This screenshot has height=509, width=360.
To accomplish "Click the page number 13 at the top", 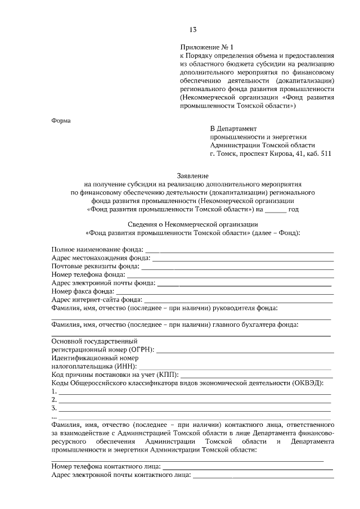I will pyautogui.click(x=193, y=29).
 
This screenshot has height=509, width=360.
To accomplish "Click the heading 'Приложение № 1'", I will pyautogui.click(x=206, y=47).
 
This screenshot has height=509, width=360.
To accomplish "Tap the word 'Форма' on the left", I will pyautogui.click(x=61, y=120).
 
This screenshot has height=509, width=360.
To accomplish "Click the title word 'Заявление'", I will pyautogui.click(x=193, y=175).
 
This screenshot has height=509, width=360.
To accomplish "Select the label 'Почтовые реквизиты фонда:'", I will pyautogui.click(x=95, y=266).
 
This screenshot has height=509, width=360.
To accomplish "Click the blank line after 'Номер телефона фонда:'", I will pyautogui.click(x=229, y=275).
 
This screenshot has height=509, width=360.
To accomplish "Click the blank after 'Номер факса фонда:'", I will pyautogui.click(x=224, y=292).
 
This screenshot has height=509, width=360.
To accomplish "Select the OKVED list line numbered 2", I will pyautogui.click(x=191, y=400).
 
